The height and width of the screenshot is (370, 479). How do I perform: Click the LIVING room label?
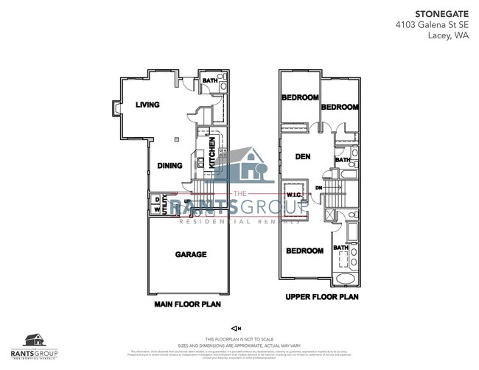pyautogui.click(x=147, y=105)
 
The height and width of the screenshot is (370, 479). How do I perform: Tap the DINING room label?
pyautogui.click(x=169, y=166)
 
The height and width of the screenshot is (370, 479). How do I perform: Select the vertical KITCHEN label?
pyautogui.click(x=211, y=153)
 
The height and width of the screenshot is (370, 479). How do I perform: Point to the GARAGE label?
pyautogui.click(x=190, y=254)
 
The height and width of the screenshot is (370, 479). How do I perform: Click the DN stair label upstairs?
pyautogui.click(x=319, y=188)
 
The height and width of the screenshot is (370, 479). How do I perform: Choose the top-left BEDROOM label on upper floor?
pyautogui.click(x=299, y=97)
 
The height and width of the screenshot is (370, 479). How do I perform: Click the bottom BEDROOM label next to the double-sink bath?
pyautogui.click(x=304, y=251)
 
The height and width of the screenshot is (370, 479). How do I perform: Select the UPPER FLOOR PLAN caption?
pyautogui.click(x=321, y=298)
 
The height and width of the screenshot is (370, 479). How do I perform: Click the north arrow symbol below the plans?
pyautogui.click(x=236, y=327)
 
